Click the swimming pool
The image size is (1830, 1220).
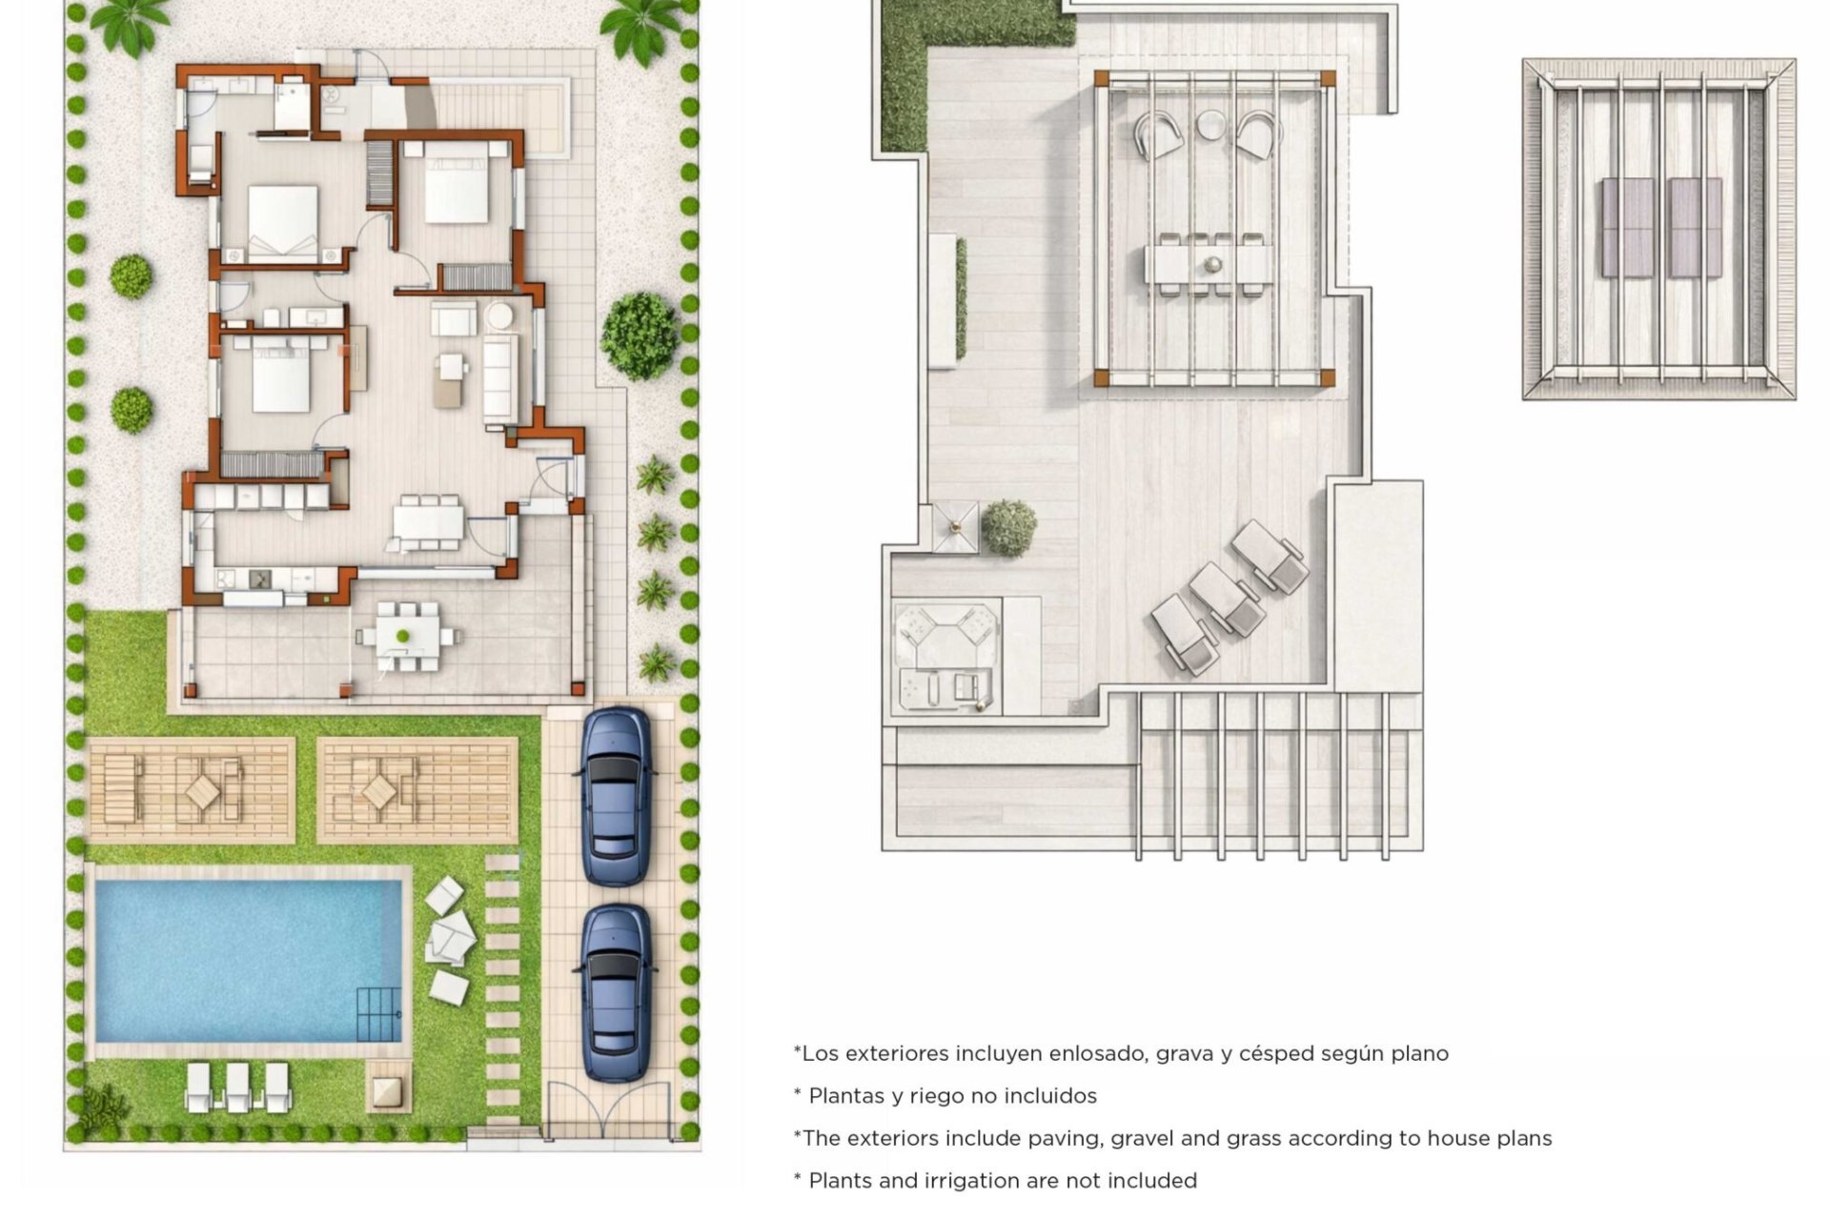pyautogui.click(x=249, y=960)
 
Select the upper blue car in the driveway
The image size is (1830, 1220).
pyautogui.click(x=617, y=797)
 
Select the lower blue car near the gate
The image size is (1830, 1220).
pyautogui.click(x=616, y=993)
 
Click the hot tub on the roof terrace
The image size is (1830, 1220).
pyautogui.click(x=947, y=656)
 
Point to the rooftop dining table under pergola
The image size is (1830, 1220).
pyautogui.click(x=1210, y=264)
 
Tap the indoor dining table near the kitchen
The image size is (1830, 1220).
pyautogui.click(x=428, y=522)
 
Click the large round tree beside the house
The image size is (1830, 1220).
pyautogui.click(x=640, y=335)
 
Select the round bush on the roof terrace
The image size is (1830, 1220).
pyautogui.click(x=1008, y=528)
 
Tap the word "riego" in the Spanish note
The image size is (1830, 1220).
pyautogui.click(x=939, y=1096)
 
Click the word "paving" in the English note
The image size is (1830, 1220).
pyautogui.click(x=1067, y=1139)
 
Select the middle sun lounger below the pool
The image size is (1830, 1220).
pyautogui.click(x=237, y=1087)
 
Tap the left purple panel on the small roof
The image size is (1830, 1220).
pyautogui.click(x=1628, y=227)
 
